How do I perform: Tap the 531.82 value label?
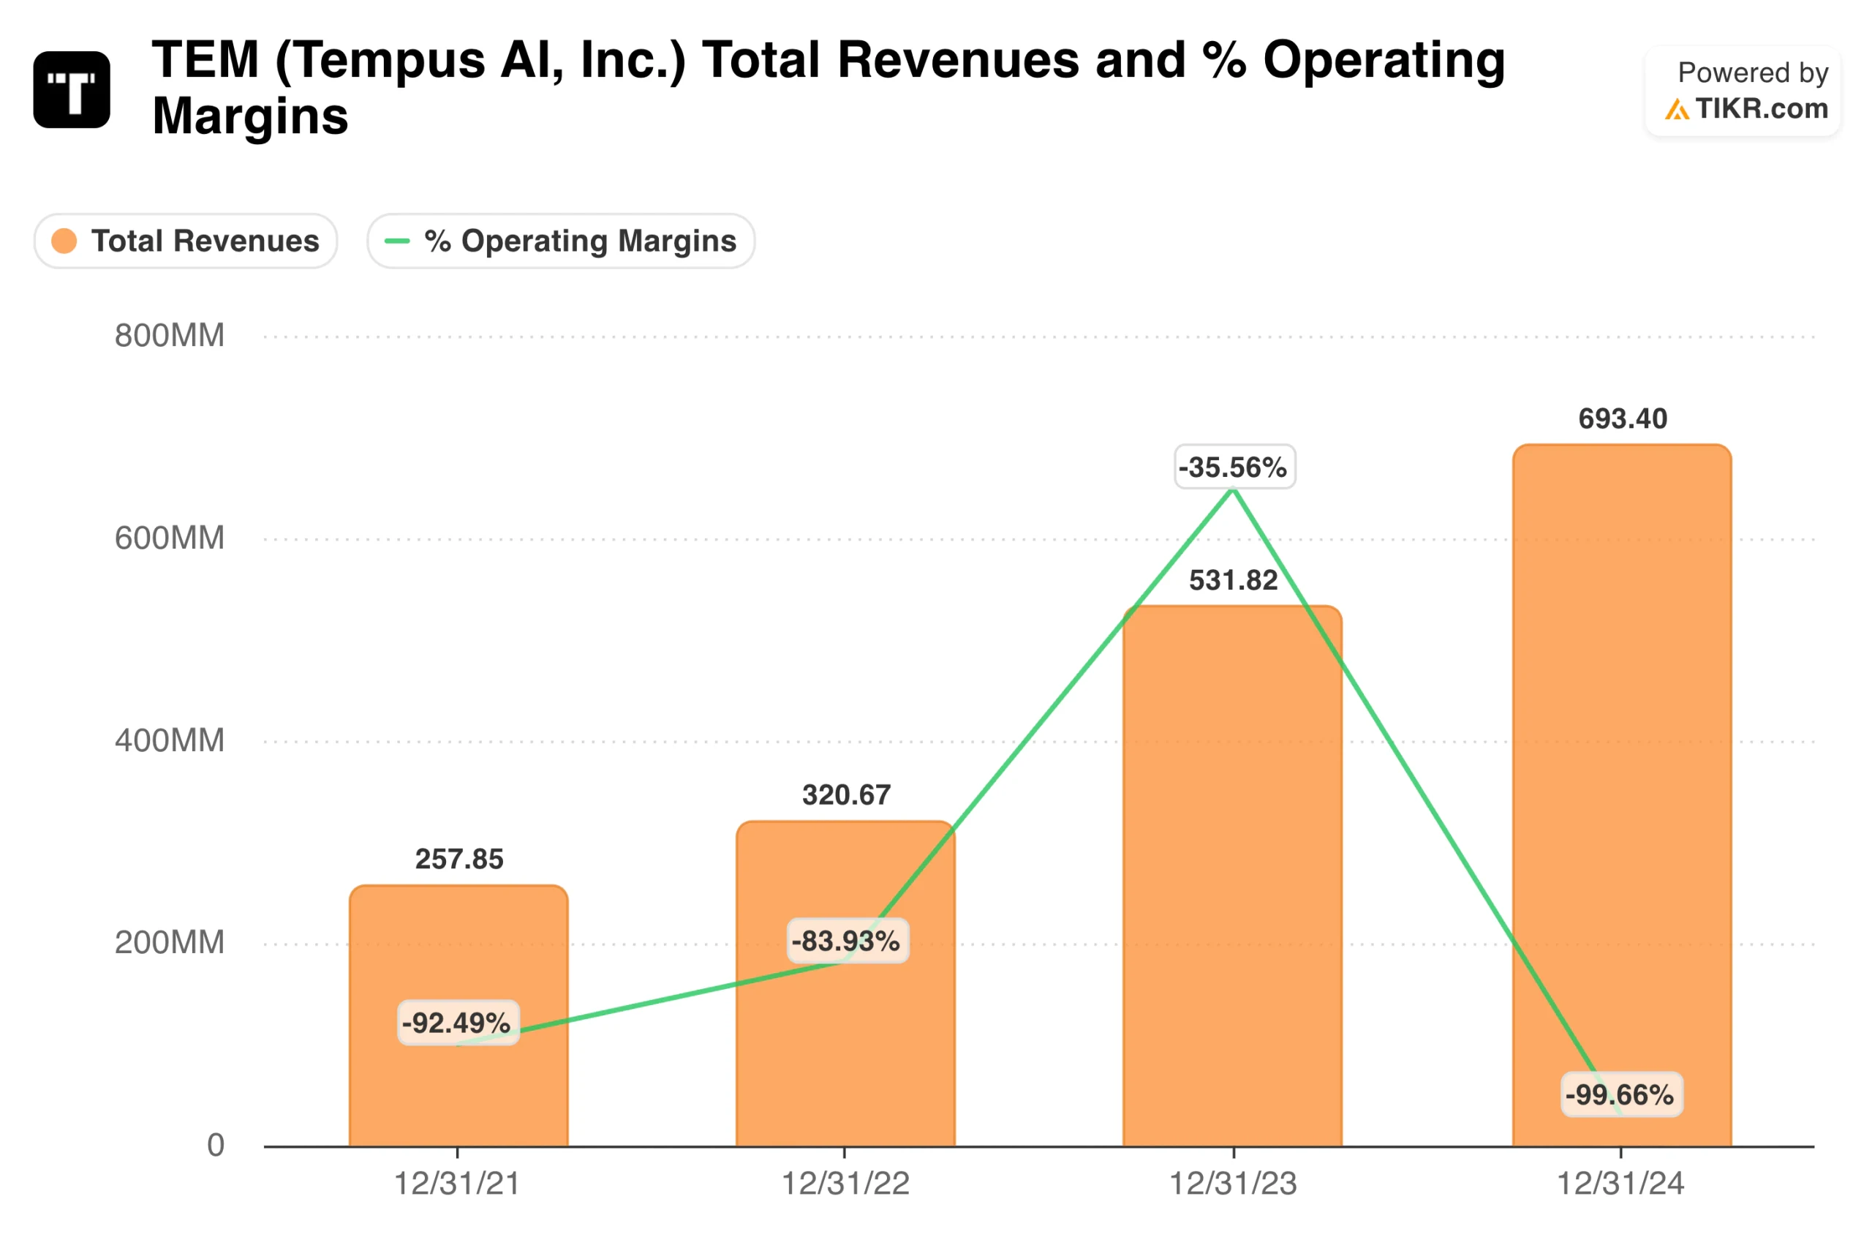coord(1233,580)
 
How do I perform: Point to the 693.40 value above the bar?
coord(1622,418)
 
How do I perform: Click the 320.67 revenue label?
coord(846,794)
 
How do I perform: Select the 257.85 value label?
coord(459,859)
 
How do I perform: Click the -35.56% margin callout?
coord(1234,467)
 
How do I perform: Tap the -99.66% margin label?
coord(1620,1094)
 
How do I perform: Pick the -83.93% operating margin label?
coord(847,941)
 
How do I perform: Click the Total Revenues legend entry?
coord(186,241)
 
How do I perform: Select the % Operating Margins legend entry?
coord(561,241)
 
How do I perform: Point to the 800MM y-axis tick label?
coord(170,335)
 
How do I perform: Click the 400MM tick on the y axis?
coord(170,740)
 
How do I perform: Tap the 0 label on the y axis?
coord(216,1145)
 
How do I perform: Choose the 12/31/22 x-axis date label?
coord(845,1184)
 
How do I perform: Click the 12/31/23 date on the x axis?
coord(1232,1184)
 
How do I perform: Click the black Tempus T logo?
coord(72,90)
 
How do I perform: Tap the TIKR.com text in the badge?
coord(1761,108)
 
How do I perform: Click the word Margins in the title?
coord(250,116)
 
